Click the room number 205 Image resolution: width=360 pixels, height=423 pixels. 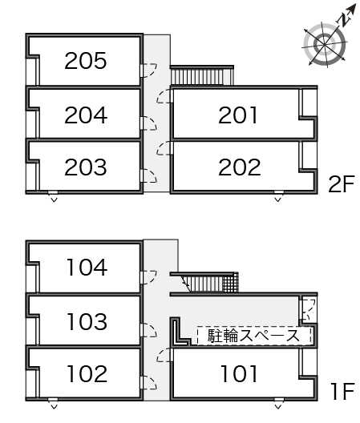pos(86,61)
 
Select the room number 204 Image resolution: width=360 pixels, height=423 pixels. pos(86,115)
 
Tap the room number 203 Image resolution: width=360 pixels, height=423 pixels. pos(86,167)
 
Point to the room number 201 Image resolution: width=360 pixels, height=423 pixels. pos(238,115)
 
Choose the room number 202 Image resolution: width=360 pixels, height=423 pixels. pos(239,167)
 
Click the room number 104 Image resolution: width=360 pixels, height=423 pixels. pos(87,267)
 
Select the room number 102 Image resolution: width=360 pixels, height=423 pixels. pos(87,373)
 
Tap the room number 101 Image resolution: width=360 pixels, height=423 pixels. pos(238,373)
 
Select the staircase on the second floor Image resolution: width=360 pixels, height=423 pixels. pos(200,77)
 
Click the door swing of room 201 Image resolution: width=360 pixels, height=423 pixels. pos(164,97)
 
